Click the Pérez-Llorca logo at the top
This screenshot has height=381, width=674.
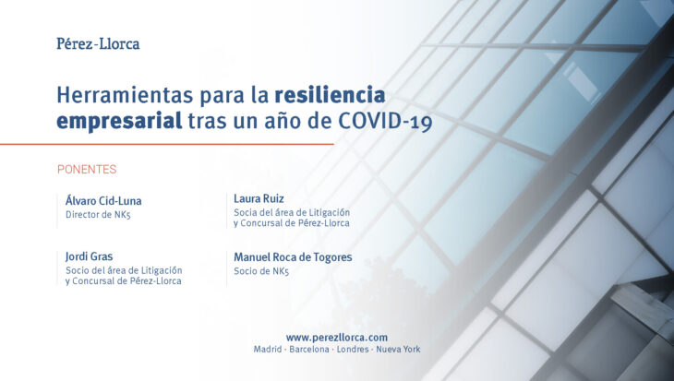(x=98, y=43)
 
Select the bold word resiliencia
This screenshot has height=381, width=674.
(x=330, y=95)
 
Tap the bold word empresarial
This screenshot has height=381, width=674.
(x=119, y=121)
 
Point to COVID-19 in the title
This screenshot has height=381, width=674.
(x=385, y=122)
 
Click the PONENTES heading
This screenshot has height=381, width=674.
(x=87, y=169)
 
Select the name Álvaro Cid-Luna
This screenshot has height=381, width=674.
(x=103, y=200)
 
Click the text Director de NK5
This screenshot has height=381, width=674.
(x=98, y=215)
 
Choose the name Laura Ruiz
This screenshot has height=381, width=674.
(x=259, y=198)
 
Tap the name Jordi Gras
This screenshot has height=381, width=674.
(x=89, y=256)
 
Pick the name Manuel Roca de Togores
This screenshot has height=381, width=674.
(x=293, y=257)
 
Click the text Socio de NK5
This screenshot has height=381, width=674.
(x=261, y=271)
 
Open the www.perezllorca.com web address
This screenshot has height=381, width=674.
(x=337, y=338)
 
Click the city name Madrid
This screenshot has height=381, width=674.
(x=268, y=350)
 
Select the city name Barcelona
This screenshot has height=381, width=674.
(x=309, y=350)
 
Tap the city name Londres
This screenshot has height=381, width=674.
(x=353, y=350)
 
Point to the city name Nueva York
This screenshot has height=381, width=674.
(x=398, y=350)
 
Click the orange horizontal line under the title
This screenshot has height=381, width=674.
(x=167, y=144)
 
